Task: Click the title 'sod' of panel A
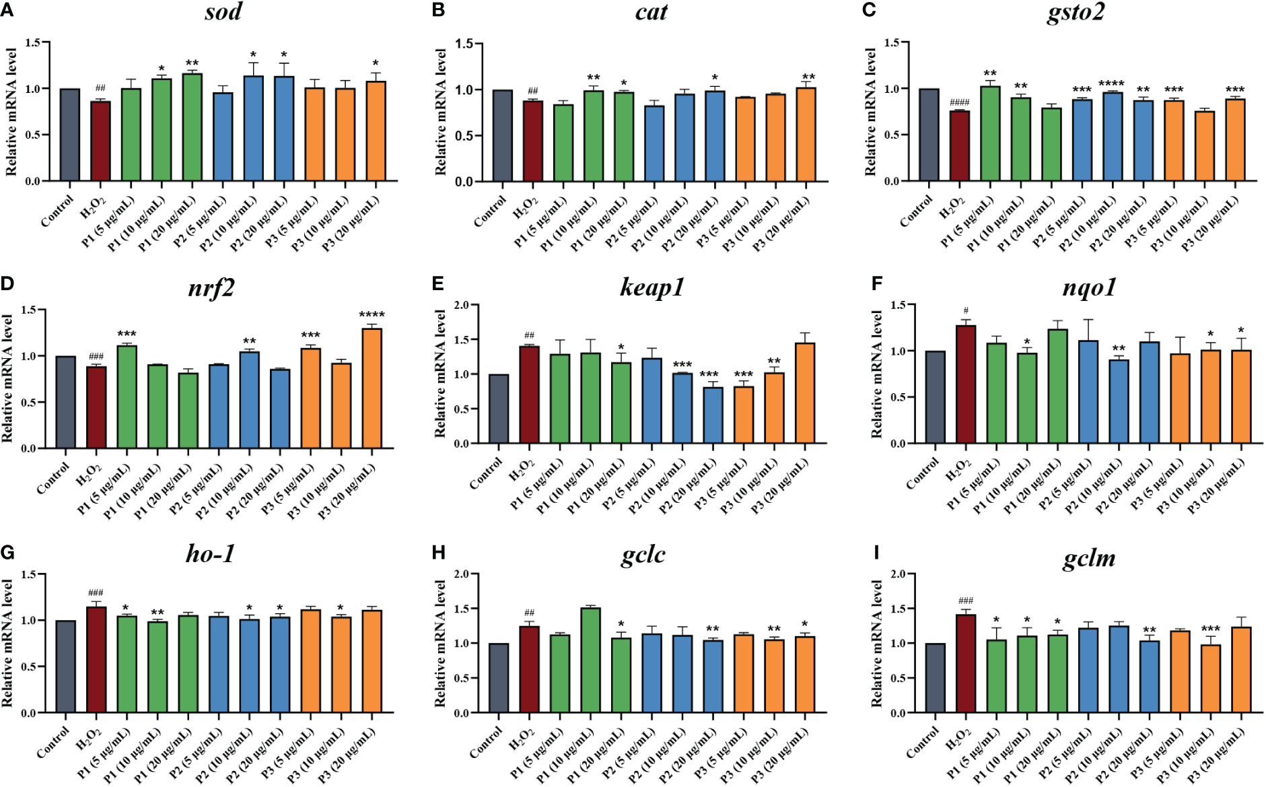click(x=223, y=12)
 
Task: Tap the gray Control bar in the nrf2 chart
click(x=65, y=402)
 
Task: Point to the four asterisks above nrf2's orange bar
click(x=372, y=314)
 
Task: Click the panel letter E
click(x=438, y=283)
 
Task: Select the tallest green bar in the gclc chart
click(x=590, y=660)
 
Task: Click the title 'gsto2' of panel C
click(x=1076, y=12)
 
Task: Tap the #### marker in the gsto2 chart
click(x=959, y=102)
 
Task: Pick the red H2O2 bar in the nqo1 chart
click(x=966, y=384)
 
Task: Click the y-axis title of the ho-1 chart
click(x=7, y=643)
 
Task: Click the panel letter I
click(x=876, y=553)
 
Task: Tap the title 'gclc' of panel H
click(x=643, y=555)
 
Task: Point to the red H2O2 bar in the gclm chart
click(x=966, y=663)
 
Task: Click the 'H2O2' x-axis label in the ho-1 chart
click(x=89, y=739)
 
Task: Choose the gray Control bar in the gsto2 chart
click(x=929, y=135)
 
